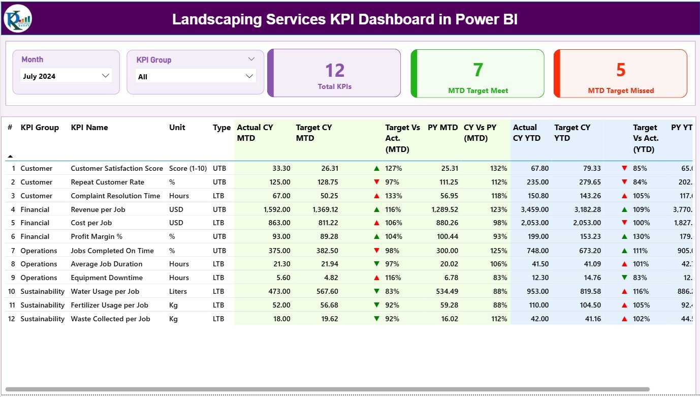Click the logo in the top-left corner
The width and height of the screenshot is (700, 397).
pos(18,18)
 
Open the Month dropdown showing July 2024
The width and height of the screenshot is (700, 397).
pos(66,76)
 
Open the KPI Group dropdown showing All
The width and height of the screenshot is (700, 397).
pos(196,77)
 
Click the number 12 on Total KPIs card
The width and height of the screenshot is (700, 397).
pos(335,71)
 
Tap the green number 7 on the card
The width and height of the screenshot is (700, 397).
pos(478,70)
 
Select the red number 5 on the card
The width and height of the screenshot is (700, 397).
pos(621,70)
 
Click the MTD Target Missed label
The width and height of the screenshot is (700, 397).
pos(621,90)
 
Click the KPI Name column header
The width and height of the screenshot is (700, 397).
pos(89,128)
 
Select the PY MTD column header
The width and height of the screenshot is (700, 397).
pos(442,128)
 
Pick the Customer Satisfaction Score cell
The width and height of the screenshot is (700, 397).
pos(117,168)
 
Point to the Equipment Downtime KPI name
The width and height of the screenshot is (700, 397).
pos(107,278)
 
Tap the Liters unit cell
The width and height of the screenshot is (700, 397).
pos(178,291)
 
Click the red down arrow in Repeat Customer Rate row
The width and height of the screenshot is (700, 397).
pos(376,182)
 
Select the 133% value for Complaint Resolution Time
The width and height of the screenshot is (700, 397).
pos(393,196)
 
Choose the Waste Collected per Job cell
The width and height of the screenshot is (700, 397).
pos(110,319)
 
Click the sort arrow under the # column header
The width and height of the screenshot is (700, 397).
pos(10,157)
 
